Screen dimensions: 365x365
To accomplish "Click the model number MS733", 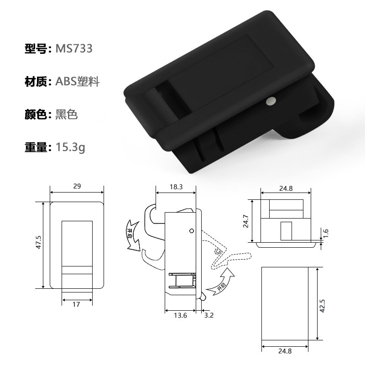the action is pos(74,48).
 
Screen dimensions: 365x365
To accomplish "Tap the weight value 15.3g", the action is pos(71,147).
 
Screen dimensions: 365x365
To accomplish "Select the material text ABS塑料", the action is pos(78,82).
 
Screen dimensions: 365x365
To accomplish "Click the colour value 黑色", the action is pos(66,115).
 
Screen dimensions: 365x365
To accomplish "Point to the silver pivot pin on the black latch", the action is pos(271,101).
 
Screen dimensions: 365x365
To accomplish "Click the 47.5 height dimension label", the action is pos(38,242).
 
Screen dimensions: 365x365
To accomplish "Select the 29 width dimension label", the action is pos(77,186).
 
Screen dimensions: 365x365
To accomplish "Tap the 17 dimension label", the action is pos(76,304).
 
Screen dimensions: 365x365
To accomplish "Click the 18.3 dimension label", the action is pos(176,187).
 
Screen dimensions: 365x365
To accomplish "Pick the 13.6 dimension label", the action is pos(180,315).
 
